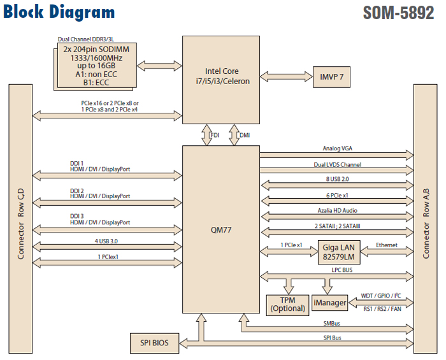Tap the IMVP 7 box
tap(331, 77)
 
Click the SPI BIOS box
tap(154, 343)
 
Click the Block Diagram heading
tap(59, 12)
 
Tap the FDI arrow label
tap(215, 135)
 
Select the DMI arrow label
tap(245, 135)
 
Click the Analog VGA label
tap(337, 148)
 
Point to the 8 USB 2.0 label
tap(337, 180)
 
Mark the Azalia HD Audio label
tap(337, 211)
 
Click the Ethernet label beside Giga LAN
tap(387, 245)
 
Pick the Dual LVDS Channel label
tap(337, 164)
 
